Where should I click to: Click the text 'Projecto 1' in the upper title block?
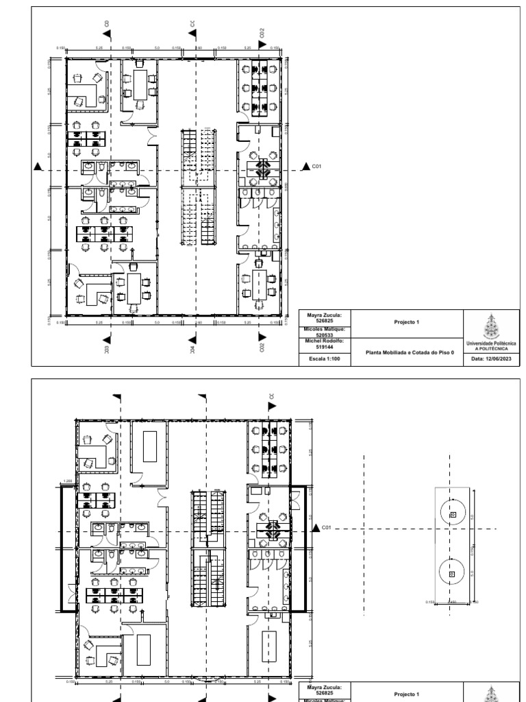pos(406,321)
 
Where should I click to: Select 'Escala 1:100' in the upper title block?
pos(325,358)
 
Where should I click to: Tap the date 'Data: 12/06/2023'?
pos(492,359)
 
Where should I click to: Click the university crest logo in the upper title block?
pos(492,325)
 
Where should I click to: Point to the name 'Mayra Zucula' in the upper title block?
pos(325,315)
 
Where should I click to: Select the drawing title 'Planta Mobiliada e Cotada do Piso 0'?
pos(406,352)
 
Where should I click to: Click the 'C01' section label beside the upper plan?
pos(317,166)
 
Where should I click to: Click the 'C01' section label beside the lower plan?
pos(326,528)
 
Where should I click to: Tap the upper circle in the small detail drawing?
pos(452,514)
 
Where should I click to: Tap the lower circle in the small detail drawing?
pos(452,572)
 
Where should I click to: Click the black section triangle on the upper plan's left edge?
pos(40,167)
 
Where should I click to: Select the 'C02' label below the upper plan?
pos(262,348)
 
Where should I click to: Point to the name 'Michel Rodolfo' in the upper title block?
pos(325,341)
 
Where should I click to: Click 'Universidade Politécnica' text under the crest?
pos(492,343)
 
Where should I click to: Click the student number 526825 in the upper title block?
pos(325,320)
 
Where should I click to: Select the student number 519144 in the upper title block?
pos(325,348)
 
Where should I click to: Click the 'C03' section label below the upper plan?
pos(107,349)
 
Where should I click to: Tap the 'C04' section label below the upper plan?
pos(194,349)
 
